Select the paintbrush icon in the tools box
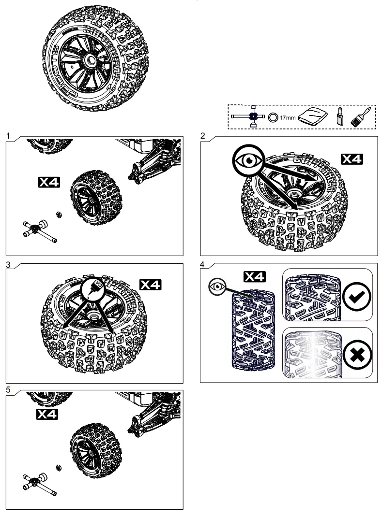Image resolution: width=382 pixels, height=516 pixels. point(360,117)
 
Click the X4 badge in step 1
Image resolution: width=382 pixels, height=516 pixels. point(49,182)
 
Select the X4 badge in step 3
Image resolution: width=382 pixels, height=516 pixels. point(151,285)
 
